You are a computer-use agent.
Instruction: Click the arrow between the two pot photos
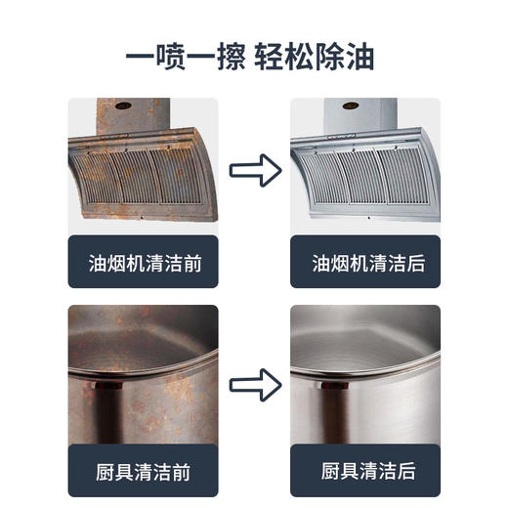pyautogui.click(x=255, y=380)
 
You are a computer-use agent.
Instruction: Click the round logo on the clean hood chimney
pyautogui.click(x=347, y=103)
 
